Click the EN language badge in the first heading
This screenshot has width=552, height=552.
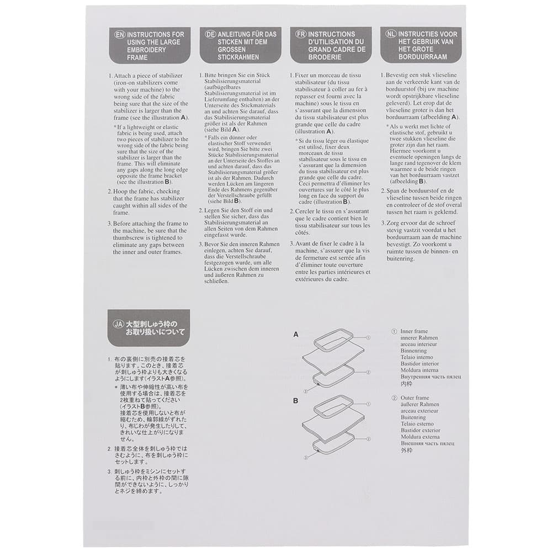(119, 34)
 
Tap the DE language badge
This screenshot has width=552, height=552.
(210, 34)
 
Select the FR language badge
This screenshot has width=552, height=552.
(301, 34)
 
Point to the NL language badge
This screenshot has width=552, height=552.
(391, 34)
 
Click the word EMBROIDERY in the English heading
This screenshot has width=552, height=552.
(148, 50)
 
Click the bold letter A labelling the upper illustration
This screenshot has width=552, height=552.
(296, 335)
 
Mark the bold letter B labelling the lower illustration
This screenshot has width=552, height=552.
(296, 401)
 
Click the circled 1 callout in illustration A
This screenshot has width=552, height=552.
(368, 337)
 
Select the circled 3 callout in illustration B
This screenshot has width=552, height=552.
(305, 457)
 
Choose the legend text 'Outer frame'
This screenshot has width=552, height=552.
(415, 398)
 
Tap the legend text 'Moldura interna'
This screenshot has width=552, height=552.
(419, 370)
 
